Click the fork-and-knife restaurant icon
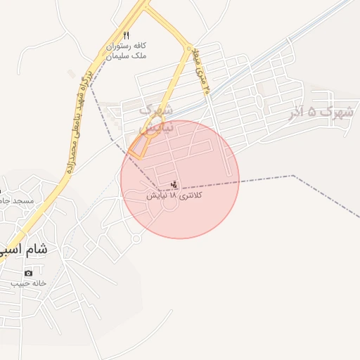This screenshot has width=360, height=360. click(126, 34)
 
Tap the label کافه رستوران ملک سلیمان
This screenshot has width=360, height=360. click(130, 50)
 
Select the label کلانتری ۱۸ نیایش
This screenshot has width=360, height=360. click(174, 196)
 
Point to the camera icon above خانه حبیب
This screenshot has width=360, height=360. click(28, 273)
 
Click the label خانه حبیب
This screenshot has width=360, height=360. click(28, 283)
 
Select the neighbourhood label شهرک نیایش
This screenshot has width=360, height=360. click(155, 120)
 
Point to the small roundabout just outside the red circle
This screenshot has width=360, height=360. click(136, 239)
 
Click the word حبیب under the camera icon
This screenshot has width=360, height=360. click(18, 283)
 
